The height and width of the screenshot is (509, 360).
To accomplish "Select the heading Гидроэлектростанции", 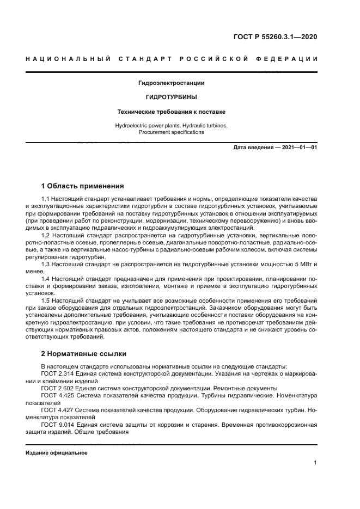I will point(172,83).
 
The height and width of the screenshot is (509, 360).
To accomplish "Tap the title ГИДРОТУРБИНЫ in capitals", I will point(172,97).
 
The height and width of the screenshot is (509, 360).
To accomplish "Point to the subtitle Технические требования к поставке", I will point(172,112).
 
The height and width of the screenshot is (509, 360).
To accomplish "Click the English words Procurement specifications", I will point(172,132).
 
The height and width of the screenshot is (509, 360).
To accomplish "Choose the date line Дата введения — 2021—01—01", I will point(274,148).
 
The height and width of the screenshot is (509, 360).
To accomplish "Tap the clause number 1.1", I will point(46,200).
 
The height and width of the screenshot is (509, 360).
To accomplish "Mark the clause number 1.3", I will point(46,264).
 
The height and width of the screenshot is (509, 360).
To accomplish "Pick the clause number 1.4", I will point(46,278).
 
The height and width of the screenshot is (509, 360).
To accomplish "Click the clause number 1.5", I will point(46,300).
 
